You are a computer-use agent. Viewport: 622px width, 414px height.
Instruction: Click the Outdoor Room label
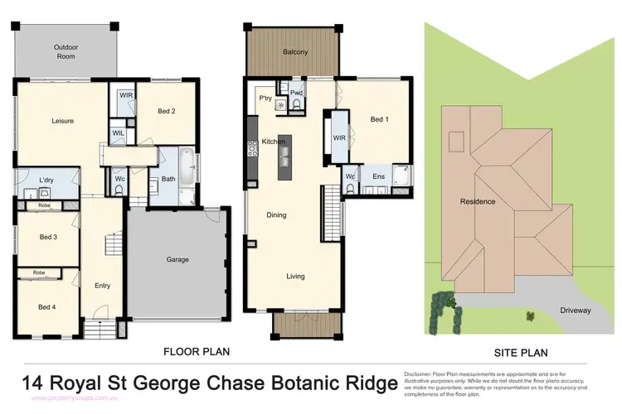[x=66, y=51]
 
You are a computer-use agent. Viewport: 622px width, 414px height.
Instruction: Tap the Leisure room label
[x=63, y=121]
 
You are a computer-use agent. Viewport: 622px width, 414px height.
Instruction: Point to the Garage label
[x=177, y=259]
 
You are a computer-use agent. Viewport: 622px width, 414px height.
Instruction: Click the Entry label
[x=102, y=286]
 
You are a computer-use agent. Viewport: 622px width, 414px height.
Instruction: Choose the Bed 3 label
[x=48, y=238]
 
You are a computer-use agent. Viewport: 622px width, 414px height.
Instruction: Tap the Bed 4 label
[x=47, y=307]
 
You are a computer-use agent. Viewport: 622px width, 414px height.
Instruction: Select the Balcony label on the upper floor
[x=295, y=52]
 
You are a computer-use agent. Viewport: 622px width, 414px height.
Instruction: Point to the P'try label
[x=265, y=99]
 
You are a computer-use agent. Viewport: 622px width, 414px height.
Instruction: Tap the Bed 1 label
[x=379, y=119]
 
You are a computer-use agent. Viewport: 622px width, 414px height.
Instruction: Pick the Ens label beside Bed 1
[x=378, y=177]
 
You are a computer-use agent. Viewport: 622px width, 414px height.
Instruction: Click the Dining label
[x=276, y=215]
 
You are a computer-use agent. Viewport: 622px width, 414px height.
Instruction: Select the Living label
[x=295, y=277]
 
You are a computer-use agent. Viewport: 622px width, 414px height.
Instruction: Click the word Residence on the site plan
[x=478, y=201]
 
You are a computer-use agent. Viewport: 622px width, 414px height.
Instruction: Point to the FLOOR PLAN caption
[x=197, y=351]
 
